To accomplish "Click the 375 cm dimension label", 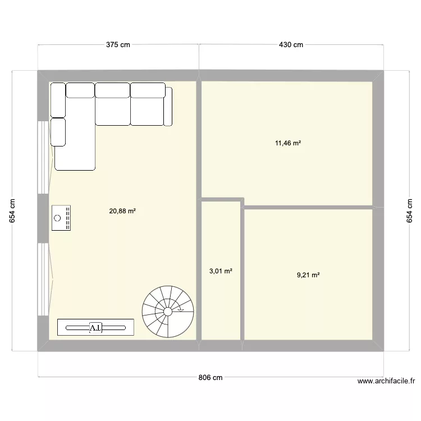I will click(118, 45).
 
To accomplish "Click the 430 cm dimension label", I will click(291, 45).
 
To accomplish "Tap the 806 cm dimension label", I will click(210, 378).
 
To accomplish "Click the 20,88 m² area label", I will click(123, 212).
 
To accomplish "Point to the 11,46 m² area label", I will click(288, 143).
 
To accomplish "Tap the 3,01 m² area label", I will click(221, 271).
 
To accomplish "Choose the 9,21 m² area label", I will click(308, 275).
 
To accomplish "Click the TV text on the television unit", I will click(95, 327).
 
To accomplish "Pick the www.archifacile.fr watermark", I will click(386, 381).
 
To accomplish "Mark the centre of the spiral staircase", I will click(167, 310).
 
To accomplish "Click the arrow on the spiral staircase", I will click(180, 309).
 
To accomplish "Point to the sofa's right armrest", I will click(168, 106).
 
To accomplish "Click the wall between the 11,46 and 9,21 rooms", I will click(309, 207).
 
